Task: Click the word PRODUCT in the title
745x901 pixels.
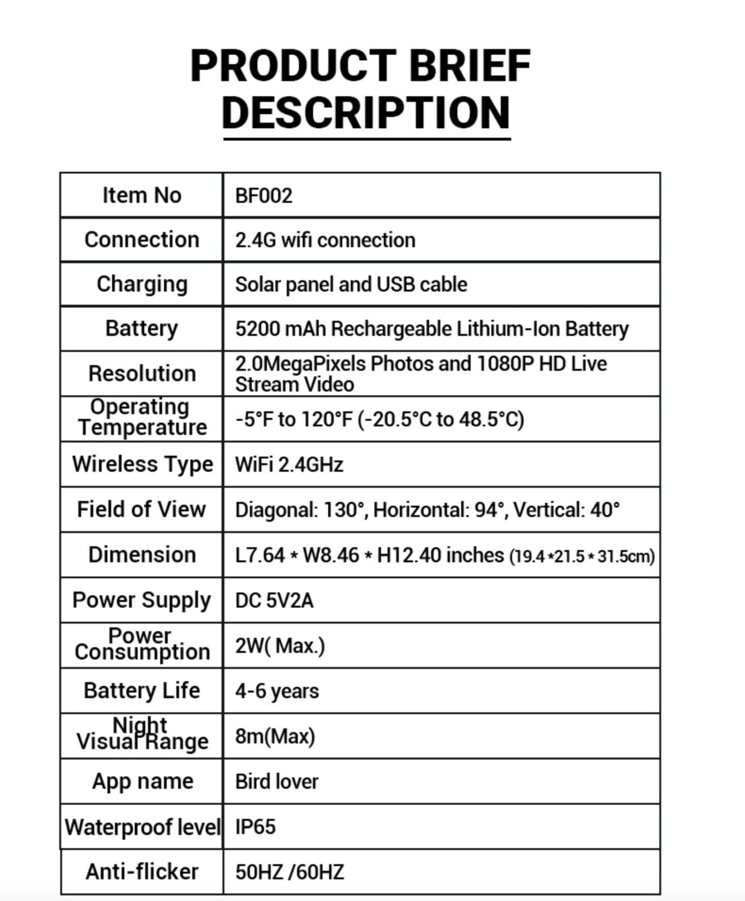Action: [x=293, y=66]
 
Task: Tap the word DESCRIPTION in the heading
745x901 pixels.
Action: [x=366, y=113]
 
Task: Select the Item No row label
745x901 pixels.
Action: [x=141, y=195]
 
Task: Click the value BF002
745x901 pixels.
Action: [x=264, y=196]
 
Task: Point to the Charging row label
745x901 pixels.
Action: [x=142, y=284]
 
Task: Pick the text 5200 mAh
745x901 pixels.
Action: [x=280, y=329]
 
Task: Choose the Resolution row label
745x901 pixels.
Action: [x=142, y=374]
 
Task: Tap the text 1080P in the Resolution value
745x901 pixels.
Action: [x=505, y=364]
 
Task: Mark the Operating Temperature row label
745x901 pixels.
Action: [x=142, y=418]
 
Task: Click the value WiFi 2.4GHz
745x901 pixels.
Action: [x=289, y=465]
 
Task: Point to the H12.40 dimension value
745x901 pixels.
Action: [x=409, y=555]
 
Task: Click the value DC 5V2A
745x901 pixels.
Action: [x=274, y=601]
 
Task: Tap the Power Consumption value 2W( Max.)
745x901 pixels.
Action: [x=280, y=646]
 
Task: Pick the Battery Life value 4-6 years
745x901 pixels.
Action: [x=277, y=692]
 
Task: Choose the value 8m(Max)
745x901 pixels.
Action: [x=275, y=737]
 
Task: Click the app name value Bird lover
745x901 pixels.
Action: [x=276, y=782]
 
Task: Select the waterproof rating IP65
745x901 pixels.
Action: [x=255, y=827]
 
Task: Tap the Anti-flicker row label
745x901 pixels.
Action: [x=142, y=872]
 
